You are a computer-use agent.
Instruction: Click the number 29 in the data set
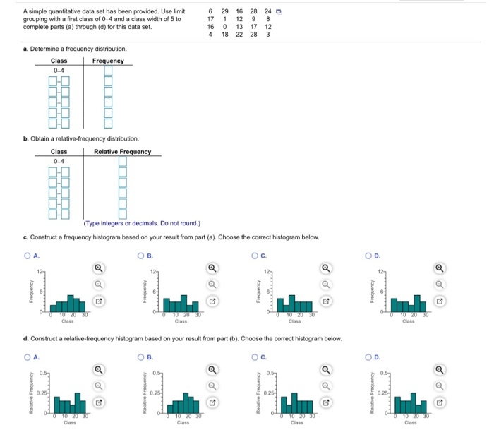coord(224,11)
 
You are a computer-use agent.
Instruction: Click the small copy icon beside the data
coord(279,11)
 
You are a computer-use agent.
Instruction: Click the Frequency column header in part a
coord(108,61)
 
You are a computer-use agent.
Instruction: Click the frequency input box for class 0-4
coord(109,71)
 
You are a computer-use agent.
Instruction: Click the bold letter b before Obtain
coord(25,138)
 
